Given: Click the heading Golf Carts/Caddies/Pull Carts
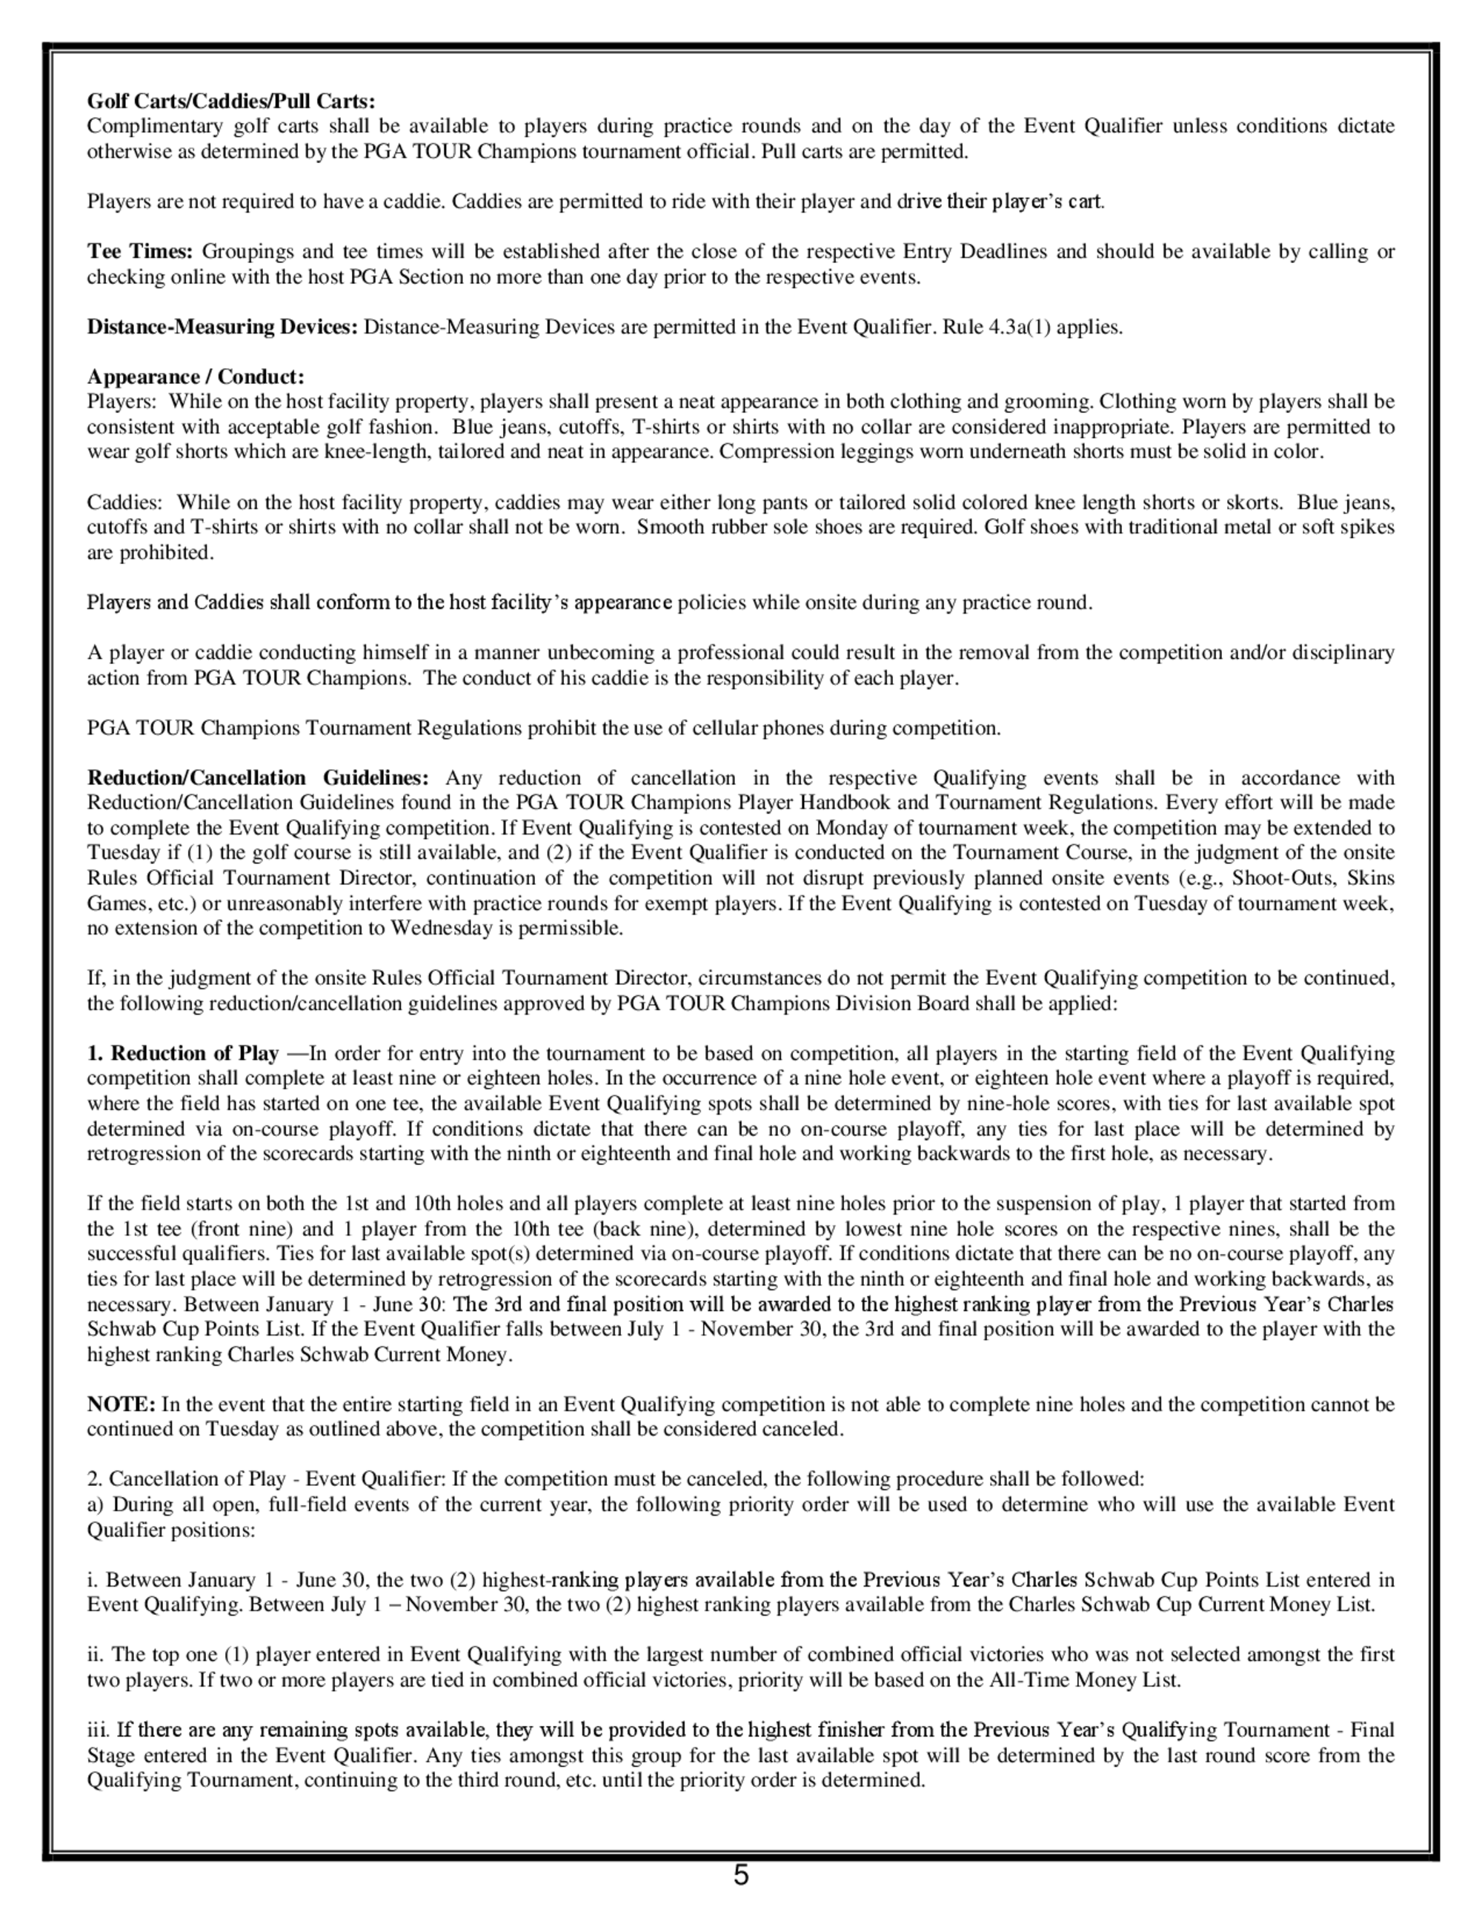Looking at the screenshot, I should [231, 102].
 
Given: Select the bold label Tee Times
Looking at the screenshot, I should [139, 252].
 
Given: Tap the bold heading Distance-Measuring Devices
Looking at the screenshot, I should [222, 328].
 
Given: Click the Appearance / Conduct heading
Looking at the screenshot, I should [196, 378].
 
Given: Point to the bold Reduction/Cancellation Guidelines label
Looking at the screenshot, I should [257, 778].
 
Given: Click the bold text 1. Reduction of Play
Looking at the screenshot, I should [182, 1054].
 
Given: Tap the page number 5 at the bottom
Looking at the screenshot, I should [741, 1875].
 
